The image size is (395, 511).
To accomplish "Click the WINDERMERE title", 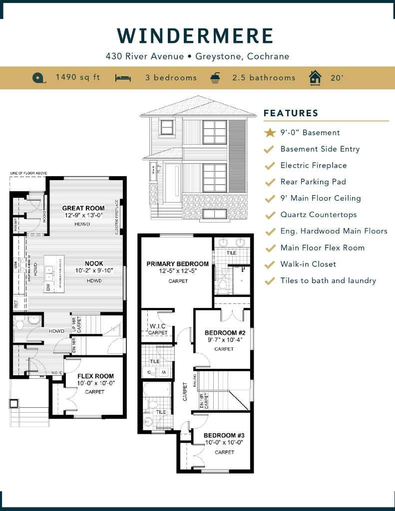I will (x=196, y=36).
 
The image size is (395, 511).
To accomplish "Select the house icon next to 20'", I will (x=315, y=78).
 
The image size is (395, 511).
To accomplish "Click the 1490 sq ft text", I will (x=77, y=77).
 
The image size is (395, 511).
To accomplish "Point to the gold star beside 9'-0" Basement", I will (x=270, y=133).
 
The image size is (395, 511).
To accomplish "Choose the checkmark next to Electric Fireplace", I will (x=270, y=166).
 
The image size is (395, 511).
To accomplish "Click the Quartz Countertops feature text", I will (x=319, y=215).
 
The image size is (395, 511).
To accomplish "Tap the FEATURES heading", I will (x=291, y=113).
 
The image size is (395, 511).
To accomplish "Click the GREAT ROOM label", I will (x=83, y=208).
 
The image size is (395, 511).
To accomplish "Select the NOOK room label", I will (x=94, y=263).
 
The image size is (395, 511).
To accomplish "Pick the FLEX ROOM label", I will (x=95, y=376).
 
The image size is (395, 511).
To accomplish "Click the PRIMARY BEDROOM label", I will (x=177, y=264).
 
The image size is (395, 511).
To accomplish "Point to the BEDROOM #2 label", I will (x=224, y=333).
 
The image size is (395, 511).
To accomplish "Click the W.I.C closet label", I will (x=158, y=327).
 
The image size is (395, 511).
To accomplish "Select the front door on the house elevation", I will (x=173, y=183).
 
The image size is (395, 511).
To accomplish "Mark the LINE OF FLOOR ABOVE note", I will (x=28, y=173).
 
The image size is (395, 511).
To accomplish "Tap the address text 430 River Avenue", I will (x=145, y=56).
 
